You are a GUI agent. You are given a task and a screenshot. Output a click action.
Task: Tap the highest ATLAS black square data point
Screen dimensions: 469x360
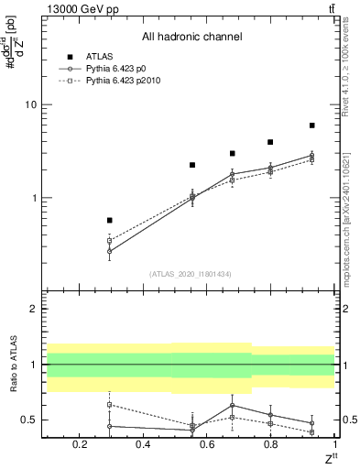click(x=312, y=125)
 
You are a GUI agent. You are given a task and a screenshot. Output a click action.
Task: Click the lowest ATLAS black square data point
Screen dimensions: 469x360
click(x=110, y=220)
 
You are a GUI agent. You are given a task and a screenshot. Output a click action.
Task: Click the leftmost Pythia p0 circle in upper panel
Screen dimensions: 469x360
click(x=110, y=251)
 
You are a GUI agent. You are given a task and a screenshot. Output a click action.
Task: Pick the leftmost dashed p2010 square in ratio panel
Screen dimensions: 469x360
click(x=110, y=404)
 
